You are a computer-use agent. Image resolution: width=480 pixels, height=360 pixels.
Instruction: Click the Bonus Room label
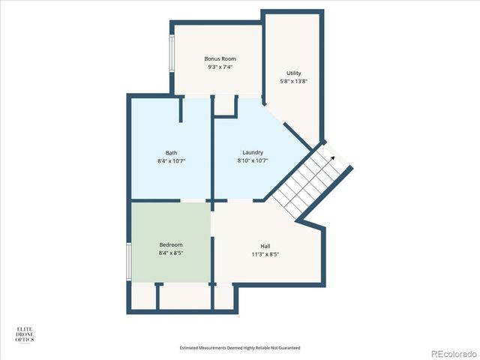220,58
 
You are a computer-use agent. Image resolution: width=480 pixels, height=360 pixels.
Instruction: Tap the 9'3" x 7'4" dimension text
220,67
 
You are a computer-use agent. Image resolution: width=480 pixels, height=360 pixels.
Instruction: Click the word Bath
171,152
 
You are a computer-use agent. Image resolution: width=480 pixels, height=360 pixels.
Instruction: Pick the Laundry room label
253,152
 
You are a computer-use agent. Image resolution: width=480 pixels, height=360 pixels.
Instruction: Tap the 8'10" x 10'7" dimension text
253,160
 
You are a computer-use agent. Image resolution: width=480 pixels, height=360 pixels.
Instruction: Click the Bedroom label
171,244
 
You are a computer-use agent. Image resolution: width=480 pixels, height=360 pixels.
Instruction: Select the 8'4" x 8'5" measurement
171,253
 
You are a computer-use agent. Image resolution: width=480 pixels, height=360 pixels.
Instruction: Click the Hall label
265,244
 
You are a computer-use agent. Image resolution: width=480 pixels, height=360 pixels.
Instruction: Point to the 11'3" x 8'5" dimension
265,253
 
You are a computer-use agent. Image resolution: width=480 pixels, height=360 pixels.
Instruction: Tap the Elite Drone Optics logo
25,334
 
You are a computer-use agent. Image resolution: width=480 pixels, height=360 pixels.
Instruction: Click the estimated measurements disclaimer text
240,348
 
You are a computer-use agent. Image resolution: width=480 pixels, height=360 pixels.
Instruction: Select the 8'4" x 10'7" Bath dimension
171,160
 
